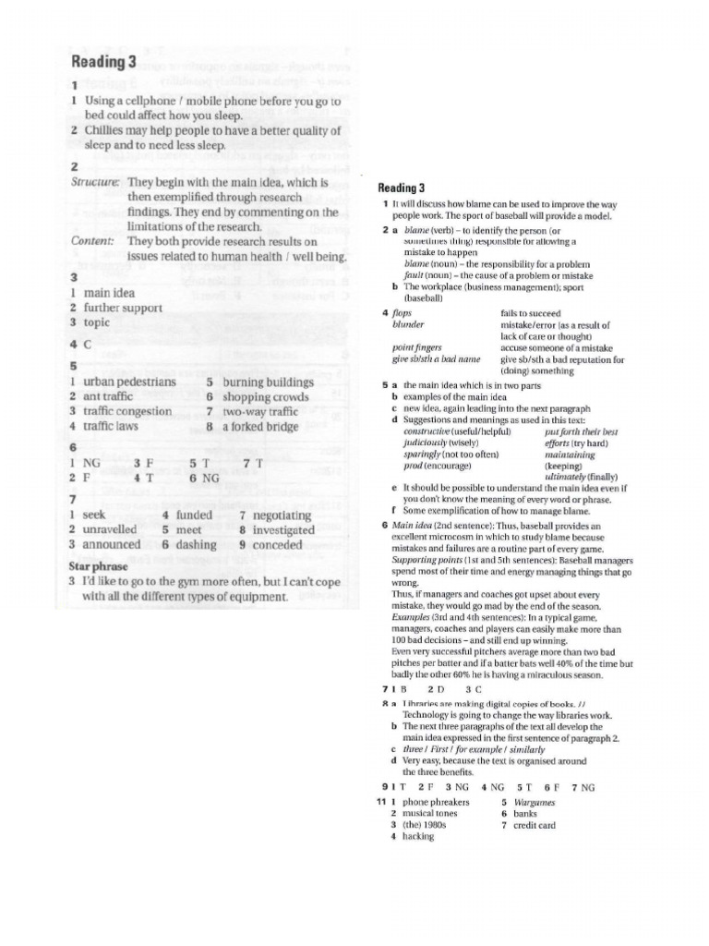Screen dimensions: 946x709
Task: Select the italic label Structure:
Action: point(95,182)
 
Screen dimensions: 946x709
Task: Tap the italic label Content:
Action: point(92,240)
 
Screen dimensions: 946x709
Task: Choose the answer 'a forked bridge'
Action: point(261,427)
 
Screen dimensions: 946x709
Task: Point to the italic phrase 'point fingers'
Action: point(417,348)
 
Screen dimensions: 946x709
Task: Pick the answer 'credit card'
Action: point(535,825)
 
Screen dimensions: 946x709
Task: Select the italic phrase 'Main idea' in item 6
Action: point(412,526)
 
